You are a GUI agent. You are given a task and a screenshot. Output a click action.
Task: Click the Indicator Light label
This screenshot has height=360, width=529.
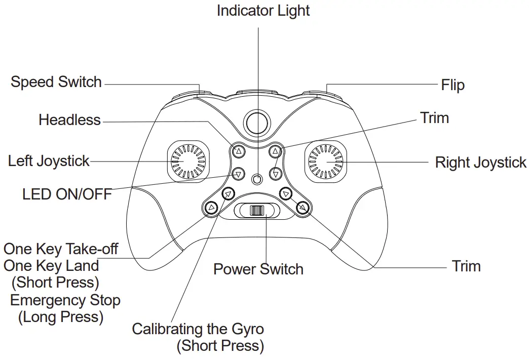263,11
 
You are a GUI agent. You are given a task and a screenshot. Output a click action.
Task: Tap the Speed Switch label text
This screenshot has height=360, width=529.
56,82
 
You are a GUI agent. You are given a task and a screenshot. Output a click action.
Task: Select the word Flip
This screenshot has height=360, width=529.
452,85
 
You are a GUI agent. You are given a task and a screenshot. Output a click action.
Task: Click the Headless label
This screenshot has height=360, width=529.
70,120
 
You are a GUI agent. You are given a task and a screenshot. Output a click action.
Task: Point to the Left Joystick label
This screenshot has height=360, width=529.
49,161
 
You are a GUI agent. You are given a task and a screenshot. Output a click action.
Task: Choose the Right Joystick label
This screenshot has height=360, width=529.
480,163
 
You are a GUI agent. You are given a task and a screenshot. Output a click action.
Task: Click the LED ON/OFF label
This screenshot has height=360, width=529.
67,194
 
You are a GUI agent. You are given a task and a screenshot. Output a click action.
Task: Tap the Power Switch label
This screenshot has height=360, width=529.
258,269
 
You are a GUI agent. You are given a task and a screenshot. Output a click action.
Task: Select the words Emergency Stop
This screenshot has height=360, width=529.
65,300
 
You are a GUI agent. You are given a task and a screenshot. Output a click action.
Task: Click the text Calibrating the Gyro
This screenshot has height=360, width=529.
198,329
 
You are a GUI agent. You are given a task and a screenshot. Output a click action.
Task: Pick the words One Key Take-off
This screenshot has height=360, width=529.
61,249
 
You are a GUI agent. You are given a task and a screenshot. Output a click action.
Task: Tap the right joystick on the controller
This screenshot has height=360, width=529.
327,161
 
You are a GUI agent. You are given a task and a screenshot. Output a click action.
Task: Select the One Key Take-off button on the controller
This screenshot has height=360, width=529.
211,207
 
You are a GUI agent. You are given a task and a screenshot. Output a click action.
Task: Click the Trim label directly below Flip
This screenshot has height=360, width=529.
434,118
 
